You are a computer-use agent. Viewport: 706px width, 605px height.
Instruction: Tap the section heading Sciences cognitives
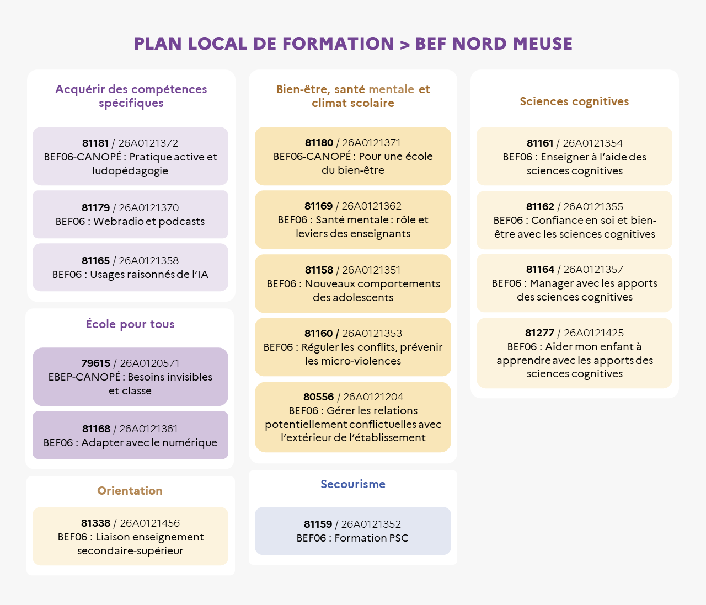574,101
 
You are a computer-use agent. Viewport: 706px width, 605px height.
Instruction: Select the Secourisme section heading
353,484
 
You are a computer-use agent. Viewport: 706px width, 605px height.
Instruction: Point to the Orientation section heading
130,491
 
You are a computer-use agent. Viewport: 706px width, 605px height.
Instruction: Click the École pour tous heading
130,324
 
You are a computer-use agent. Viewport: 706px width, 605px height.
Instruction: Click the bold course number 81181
95,143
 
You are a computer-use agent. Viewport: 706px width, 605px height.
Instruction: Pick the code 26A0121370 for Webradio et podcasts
148,208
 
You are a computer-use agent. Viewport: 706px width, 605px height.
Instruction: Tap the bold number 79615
95,363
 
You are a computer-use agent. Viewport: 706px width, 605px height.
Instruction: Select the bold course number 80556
318,397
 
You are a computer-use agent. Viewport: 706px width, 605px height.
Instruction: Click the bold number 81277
539,333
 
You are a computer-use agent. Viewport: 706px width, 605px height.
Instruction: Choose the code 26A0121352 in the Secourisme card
371,524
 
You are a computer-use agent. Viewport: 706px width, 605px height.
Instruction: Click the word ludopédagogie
130,171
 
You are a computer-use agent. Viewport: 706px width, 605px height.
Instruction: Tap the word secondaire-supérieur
130,551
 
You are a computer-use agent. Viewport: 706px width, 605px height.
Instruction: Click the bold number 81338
95,523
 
